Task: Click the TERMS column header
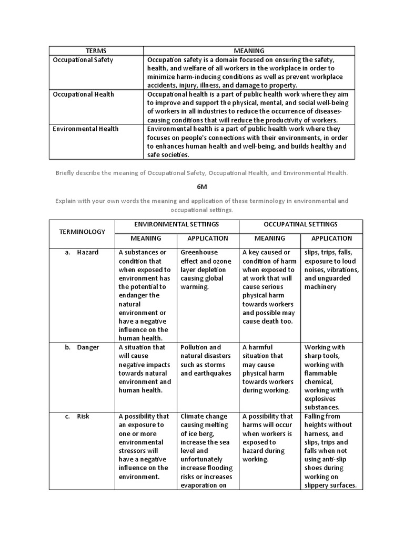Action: [96, 51]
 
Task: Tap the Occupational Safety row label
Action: [83, 60]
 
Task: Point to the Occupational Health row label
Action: [84, 95]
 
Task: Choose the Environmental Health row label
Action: [86, 129]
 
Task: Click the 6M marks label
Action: [202, 187]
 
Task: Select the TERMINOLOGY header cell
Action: [82, 232]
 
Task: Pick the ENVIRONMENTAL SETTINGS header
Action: [177, 225]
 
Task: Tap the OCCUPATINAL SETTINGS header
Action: [301, 225]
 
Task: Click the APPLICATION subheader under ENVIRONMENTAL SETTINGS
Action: [208, 239]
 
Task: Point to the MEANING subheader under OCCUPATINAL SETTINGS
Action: [270, 239]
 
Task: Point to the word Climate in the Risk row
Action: [191, 417]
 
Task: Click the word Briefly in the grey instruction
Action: [67, 173]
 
